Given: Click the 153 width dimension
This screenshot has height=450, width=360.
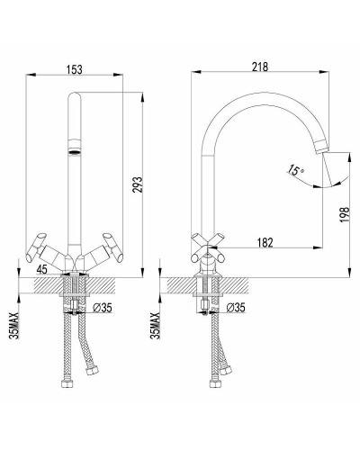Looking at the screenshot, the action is (x=74, y=69).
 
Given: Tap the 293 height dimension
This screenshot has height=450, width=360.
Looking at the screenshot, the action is (x=137, y=184).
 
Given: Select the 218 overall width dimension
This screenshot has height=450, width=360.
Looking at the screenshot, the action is (x=260, y=67).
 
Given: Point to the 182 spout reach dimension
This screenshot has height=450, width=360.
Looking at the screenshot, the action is (x=265, y=242).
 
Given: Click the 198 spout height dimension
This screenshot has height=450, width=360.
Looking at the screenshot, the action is (x=345, y=214).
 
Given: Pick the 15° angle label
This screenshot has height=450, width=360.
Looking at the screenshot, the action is (x=296, y=170).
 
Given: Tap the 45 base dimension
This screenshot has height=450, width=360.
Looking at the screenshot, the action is (x=42, y=269).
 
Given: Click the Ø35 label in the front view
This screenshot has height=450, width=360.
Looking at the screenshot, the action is (x=103, y=308).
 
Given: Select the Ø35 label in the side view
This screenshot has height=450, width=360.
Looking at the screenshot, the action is (x=236, y=308).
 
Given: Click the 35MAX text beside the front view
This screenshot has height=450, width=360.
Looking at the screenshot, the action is (x=14, y=326).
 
